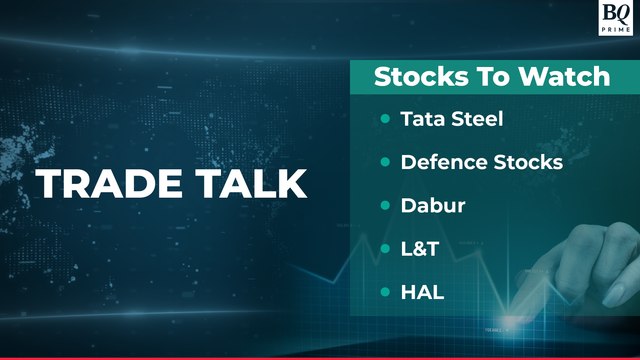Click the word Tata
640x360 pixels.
pyautogui.click(x=420, y=119)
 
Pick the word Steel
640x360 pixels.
pyautogui.click(x=475, y=119)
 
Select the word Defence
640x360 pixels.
pyautogui.click(x=443, y=161)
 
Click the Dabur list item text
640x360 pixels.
pyautogui.click(x=428, y=205)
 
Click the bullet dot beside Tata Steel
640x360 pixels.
pyautogui.click(x=385, y=119)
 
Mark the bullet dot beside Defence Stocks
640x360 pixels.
pyautogui.click(x=385, y=161)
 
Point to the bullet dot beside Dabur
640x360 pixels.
pyautogui.click(x=385, y=205)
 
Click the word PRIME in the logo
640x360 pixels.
pyautogui.click(x=613, y=30)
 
